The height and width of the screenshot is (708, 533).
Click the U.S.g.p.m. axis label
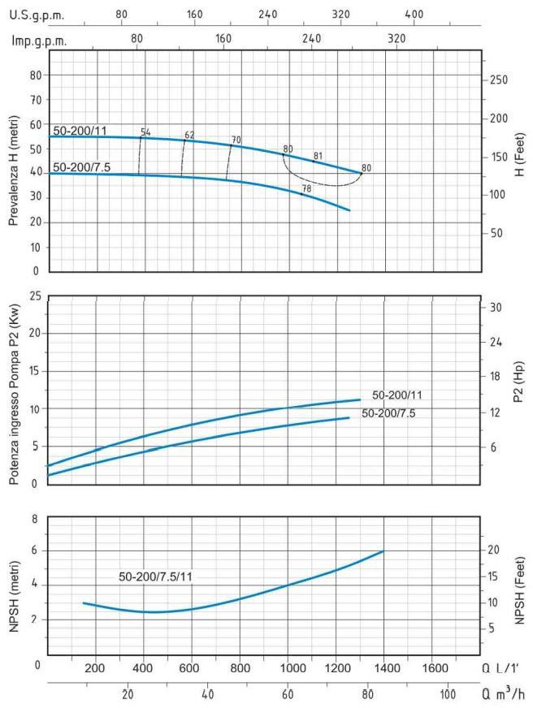pyautogui.click(x=36, y=15)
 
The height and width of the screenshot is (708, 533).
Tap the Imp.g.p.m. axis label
pyautogui.click(x=38, y=40)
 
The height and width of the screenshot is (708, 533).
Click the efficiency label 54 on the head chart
pyautogui.click(x=145, y=132)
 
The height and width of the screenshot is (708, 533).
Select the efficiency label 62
pyautogui.click(x=189, y=135)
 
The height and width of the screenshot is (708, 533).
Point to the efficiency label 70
pyautogui.click(x=236, y=140)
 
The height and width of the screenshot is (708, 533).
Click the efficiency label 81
pyautogui.click(x=318, y=156)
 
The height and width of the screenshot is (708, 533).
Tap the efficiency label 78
pyautogui.click(x=306, y=188)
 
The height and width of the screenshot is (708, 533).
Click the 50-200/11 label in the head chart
pyautogui.click(x=80, y=130)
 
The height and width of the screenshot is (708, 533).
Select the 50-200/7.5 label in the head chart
pyautogui.click(x=81, y=167)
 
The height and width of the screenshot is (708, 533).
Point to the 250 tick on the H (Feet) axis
pyautogui.click(x=499, y=80)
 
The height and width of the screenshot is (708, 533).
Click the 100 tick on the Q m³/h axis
pyautogui.click(x=448, y=695)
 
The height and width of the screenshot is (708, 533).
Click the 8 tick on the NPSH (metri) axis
pyautogui.click(x=34, y=518)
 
